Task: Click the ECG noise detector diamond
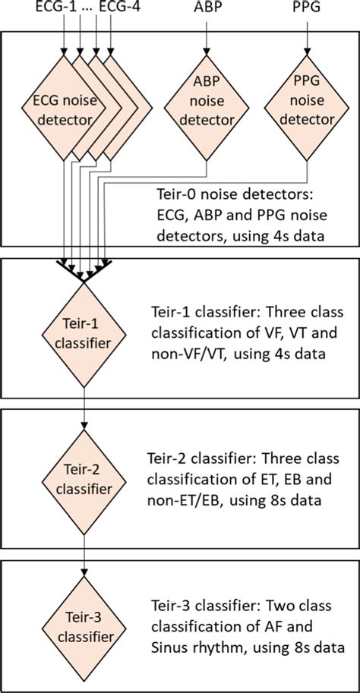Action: pyautogui.click(x=62, y=109)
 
